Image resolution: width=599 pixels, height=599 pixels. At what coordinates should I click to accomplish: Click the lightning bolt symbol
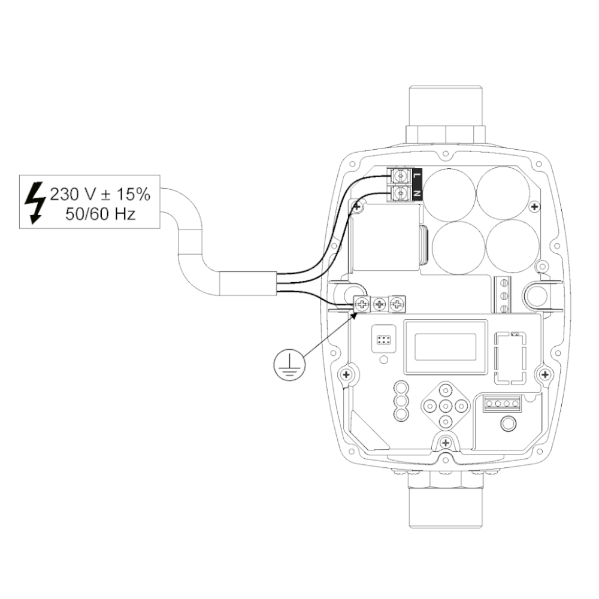tap(35, 202)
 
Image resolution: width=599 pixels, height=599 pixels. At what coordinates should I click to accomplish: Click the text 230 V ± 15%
tap(100, 195)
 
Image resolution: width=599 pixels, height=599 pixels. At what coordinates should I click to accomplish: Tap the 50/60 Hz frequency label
tap(101, 214)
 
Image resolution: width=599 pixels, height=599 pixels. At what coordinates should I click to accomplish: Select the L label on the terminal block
tap(417, 176)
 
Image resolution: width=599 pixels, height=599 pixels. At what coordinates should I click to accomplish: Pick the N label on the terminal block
tap(417, 193)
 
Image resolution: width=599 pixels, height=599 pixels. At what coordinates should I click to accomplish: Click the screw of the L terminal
tap(400, 176)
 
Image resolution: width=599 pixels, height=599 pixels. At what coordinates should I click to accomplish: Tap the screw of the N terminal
tap(400, 193)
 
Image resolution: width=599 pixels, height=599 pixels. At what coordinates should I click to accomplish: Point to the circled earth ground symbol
tap(289, 365)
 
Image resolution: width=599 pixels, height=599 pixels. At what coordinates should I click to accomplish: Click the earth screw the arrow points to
tap(362, 304)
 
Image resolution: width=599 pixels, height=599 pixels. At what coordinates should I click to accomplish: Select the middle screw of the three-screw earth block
tap(379, 304)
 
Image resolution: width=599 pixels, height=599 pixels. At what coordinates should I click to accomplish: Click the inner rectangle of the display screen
tap(446, 347)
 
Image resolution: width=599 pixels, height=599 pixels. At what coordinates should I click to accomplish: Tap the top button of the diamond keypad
tap(446, 390)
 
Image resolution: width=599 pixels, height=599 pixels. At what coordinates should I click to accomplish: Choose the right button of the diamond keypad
tap(461, 406)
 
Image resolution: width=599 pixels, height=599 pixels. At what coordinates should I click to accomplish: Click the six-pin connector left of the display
tap(383, 339)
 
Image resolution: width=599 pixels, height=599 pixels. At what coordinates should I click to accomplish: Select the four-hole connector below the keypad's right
tap(502, 403)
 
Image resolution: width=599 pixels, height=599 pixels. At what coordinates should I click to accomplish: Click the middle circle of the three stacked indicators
tap(401, 401)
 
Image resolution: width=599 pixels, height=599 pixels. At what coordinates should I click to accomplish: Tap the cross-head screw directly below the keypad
tap(446, 443)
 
